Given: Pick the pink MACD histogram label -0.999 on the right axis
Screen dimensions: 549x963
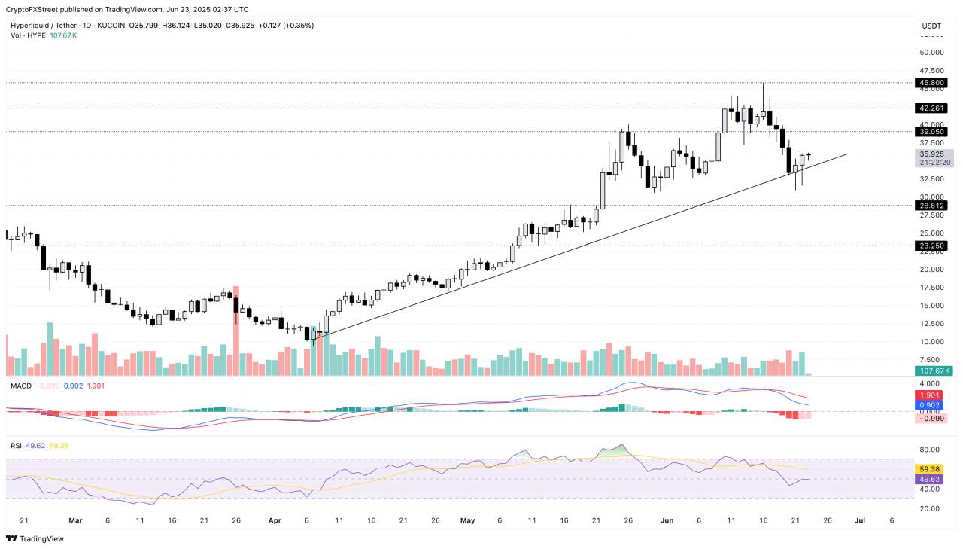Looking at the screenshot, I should point(930,418).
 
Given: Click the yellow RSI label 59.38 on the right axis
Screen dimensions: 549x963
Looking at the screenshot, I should point(930,468).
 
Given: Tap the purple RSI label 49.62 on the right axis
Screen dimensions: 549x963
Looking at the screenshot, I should point(930,479).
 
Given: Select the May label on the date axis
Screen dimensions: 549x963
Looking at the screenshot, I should point(468,520).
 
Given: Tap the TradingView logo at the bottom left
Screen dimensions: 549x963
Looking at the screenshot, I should point(35,538).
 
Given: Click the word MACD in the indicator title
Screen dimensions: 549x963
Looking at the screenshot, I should point(20,386).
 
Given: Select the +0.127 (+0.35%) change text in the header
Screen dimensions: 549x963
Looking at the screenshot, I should point(286,26).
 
